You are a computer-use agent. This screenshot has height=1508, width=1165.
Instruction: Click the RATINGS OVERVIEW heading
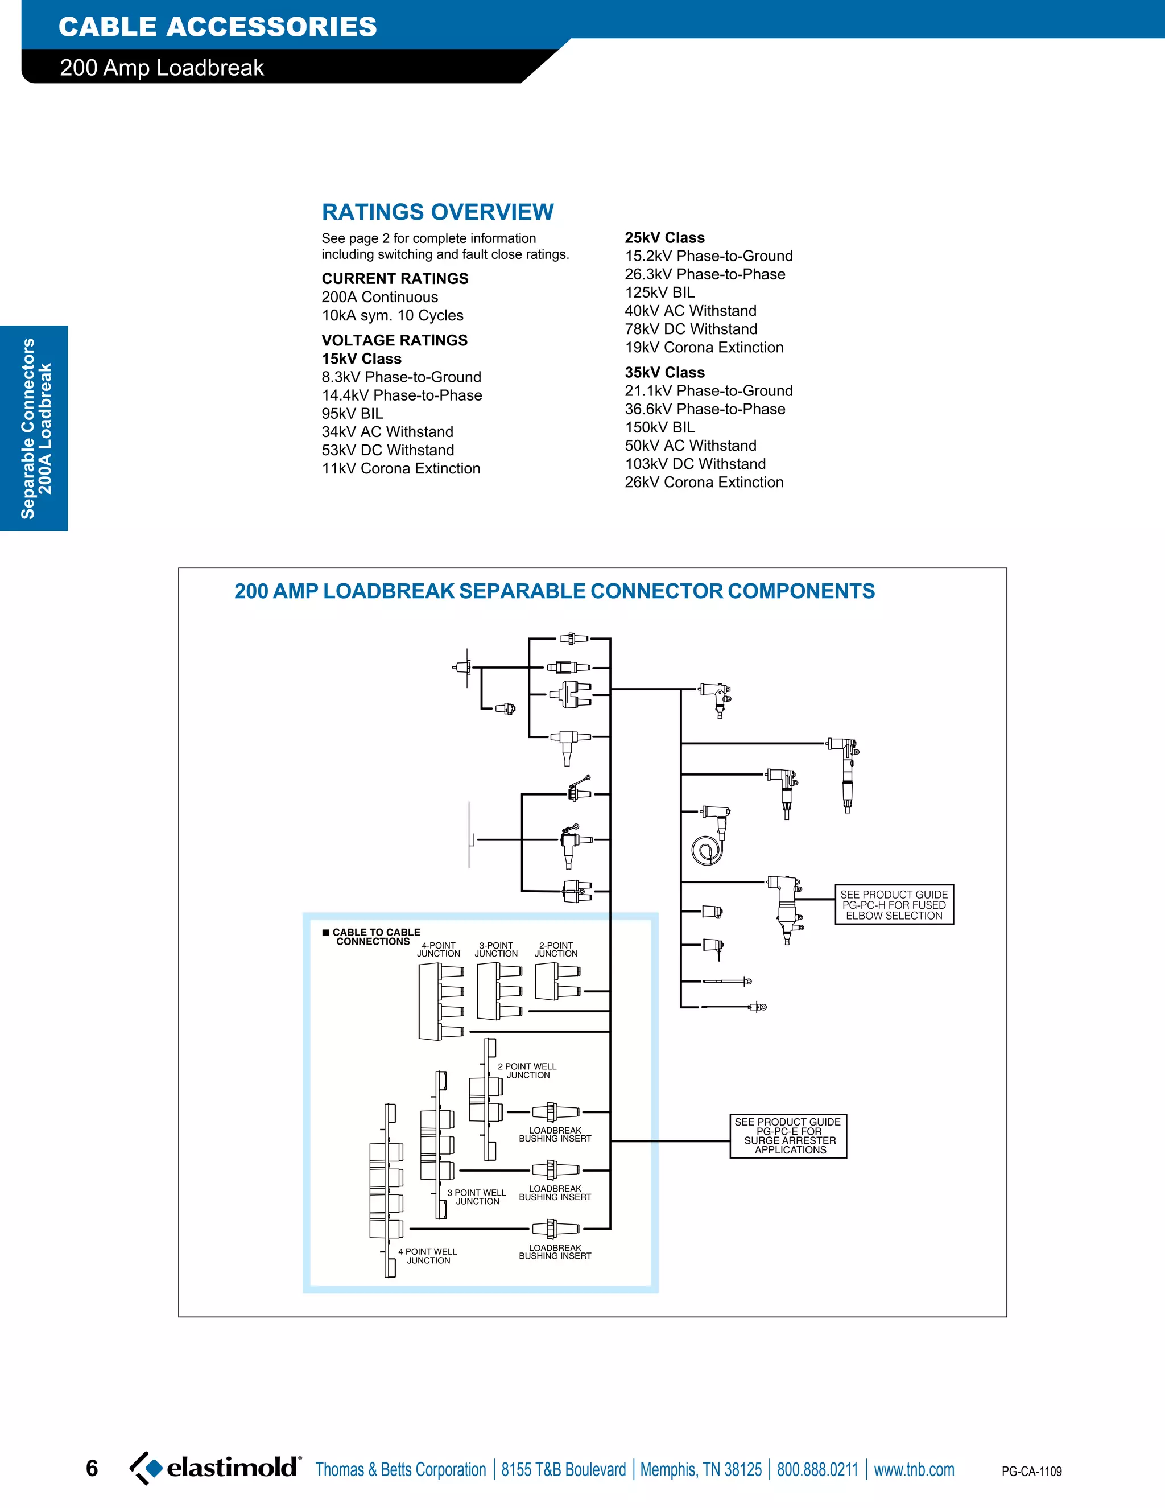437,212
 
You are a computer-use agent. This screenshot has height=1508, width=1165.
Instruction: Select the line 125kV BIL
659,292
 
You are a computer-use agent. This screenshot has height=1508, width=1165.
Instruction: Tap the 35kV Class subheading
664,373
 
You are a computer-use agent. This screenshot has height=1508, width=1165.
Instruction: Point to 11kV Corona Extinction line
400,469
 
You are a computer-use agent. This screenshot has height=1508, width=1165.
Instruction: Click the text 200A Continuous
379,298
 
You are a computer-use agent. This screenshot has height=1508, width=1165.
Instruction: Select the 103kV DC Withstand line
695,464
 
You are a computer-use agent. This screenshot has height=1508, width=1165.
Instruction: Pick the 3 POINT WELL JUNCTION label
477,1197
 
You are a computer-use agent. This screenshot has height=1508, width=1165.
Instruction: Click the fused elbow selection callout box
894,905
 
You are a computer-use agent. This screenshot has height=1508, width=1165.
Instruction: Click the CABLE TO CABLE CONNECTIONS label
373,937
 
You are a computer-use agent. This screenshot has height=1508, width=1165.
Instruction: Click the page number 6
92,1469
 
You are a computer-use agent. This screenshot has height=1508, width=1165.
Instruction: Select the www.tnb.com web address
914,1470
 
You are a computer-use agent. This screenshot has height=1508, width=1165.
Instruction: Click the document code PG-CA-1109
1031,1472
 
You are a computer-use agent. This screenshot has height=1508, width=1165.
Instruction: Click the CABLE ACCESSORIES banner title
217,27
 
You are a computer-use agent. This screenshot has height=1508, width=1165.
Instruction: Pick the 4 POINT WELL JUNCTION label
427,1255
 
